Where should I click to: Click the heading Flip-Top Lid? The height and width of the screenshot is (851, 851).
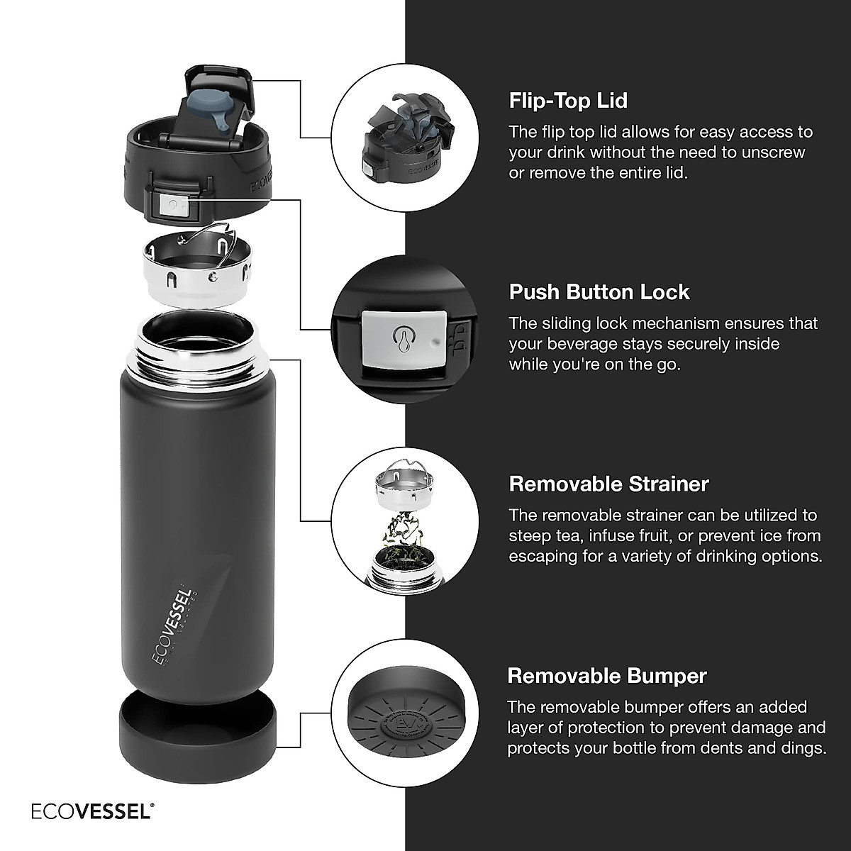click(x=568, y=101)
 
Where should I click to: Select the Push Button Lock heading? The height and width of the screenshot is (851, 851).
click(x=599, y=292)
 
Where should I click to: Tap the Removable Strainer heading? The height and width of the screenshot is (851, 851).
click(x=608, y=484)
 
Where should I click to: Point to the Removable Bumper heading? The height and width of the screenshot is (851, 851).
click(x=607, y=676)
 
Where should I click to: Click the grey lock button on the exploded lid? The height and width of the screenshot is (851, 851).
click(x=172, y=206)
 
